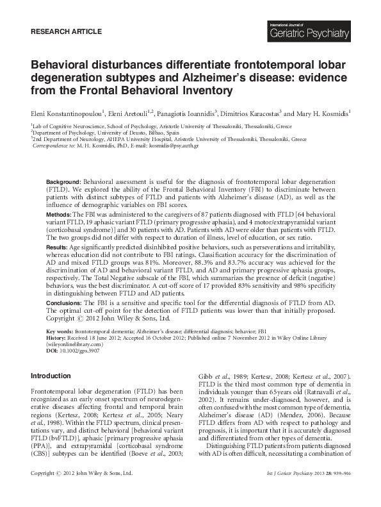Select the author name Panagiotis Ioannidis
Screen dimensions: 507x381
click(185, 112)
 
